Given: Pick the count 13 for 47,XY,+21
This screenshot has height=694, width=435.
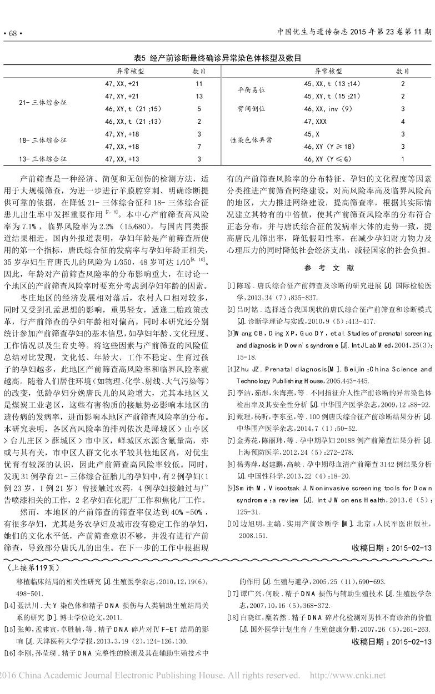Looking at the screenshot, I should tap(199, 96).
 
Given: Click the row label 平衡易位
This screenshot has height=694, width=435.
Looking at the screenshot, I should tap(251, 90).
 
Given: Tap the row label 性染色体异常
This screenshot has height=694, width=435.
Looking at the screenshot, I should tap(251, 140).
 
